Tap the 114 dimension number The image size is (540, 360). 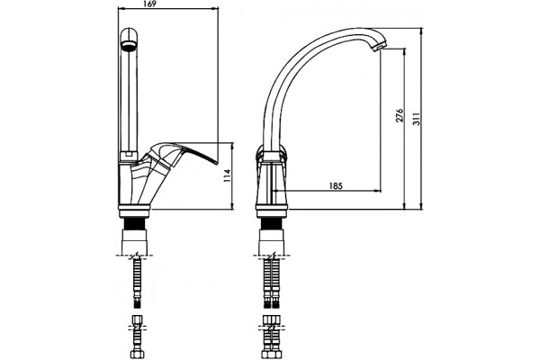click(227, 175)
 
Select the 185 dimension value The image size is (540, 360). click(336, 186)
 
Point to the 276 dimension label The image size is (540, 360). click(400, 115)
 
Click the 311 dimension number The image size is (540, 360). click(417, 119)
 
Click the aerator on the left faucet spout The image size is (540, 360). click(129, 46)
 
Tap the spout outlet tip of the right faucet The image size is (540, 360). click(378, 47)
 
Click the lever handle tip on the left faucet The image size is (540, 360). click(217, 163)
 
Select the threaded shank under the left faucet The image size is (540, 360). click(135, 224)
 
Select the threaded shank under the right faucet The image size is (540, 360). click(273, 224)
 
